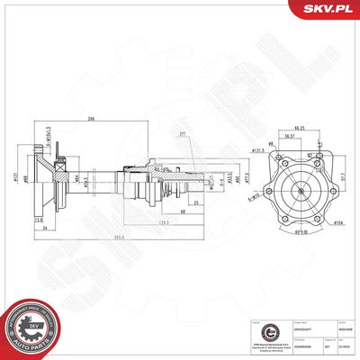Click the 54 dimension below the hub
44,229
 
